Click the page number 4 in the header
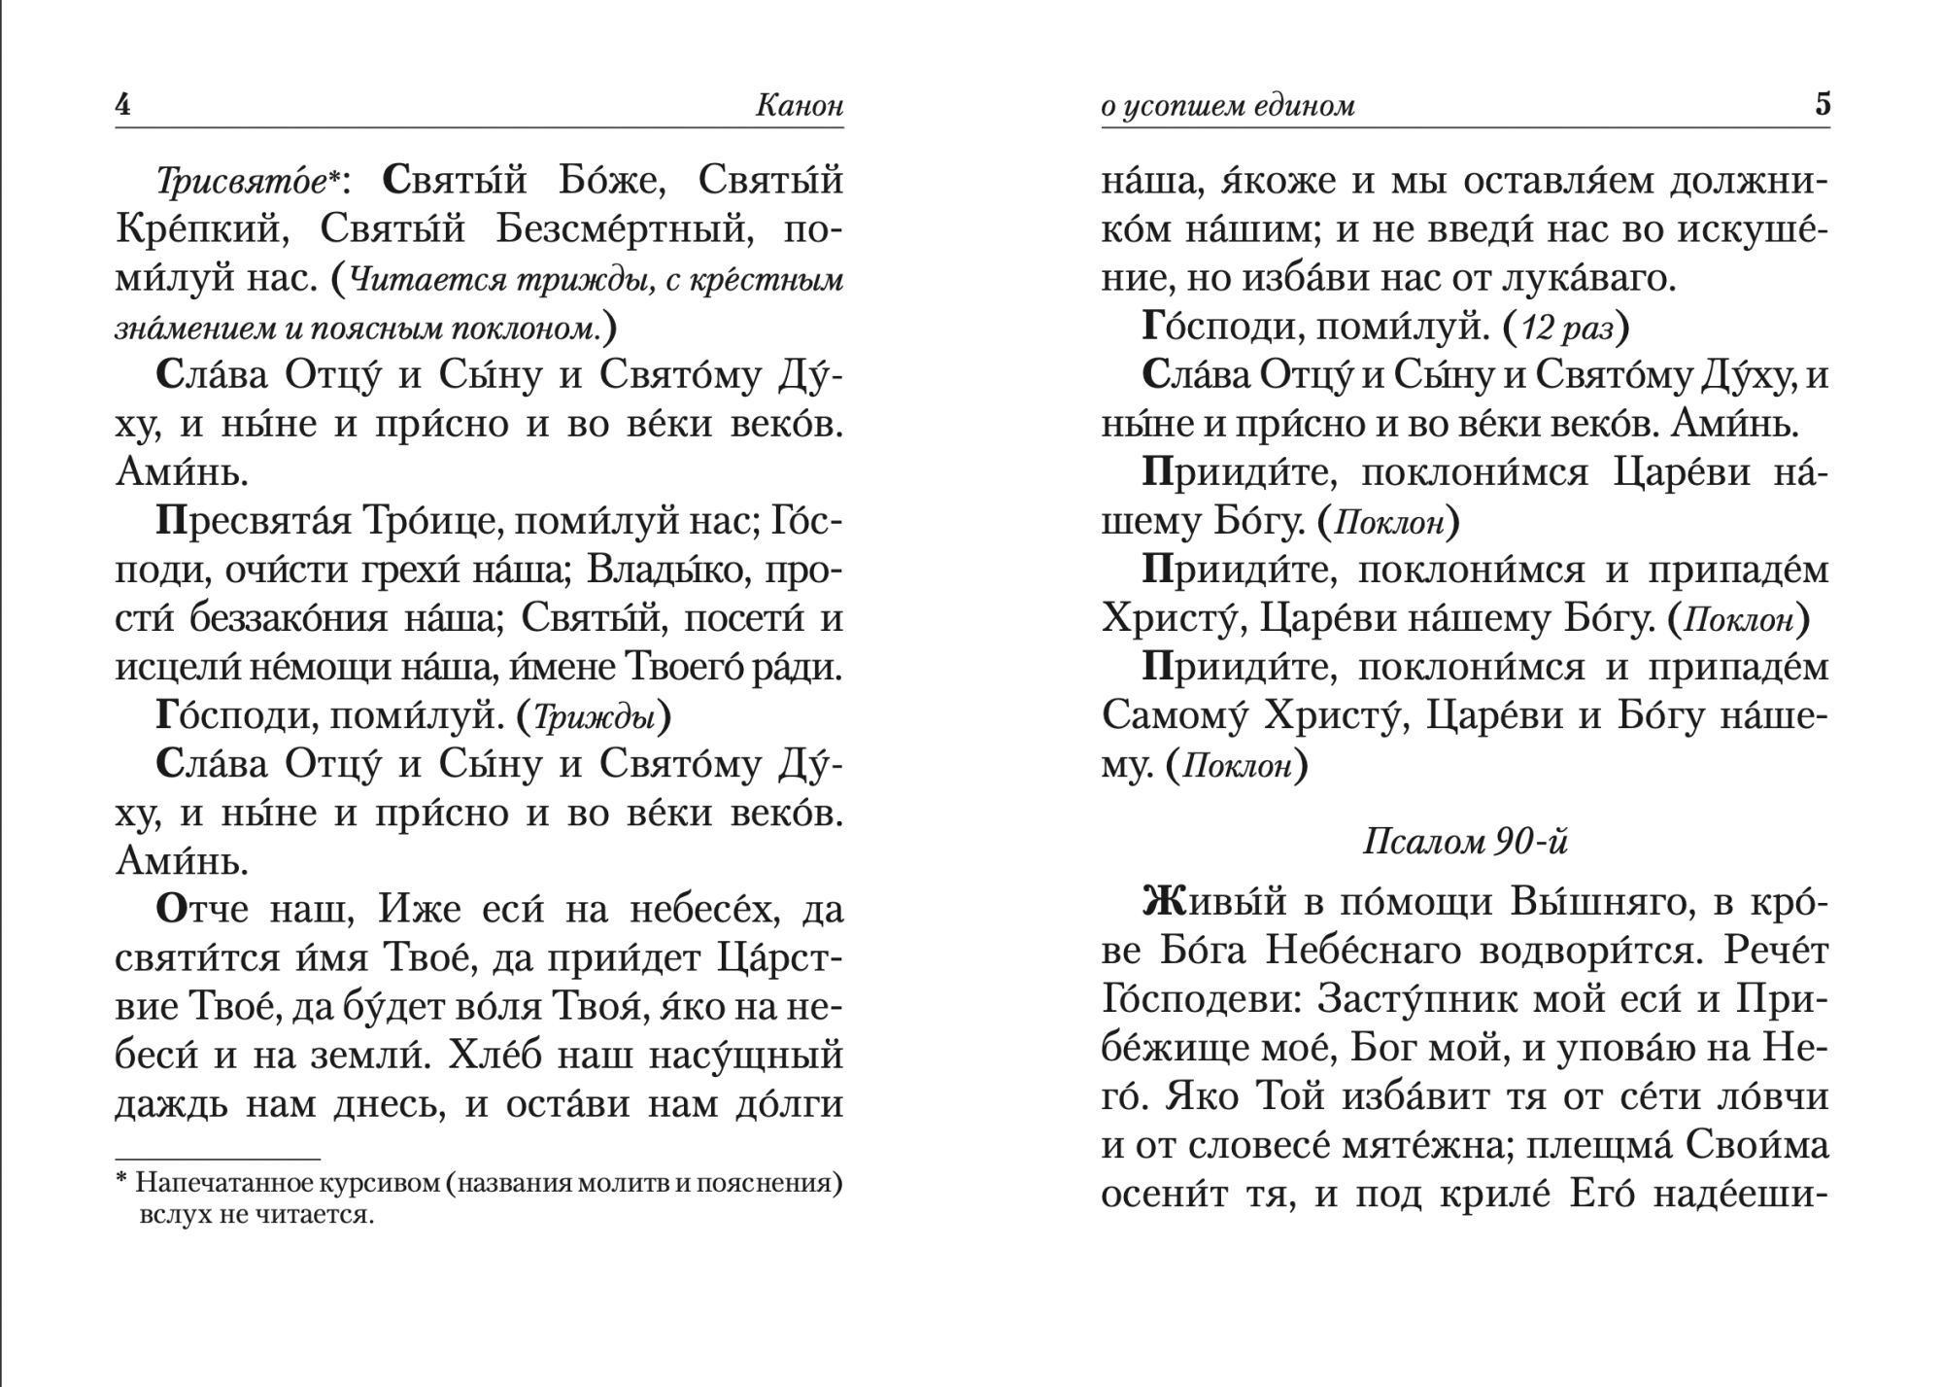[122, 104]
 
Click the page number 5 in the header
[1822, 104]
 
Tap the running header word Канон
[799, 105]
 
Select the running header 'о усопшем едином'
[1228, 105]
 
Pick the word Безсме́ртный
[626, 230]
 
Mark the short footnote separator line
[218, 1160]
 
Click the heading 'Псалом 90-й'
[1465, 842]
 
